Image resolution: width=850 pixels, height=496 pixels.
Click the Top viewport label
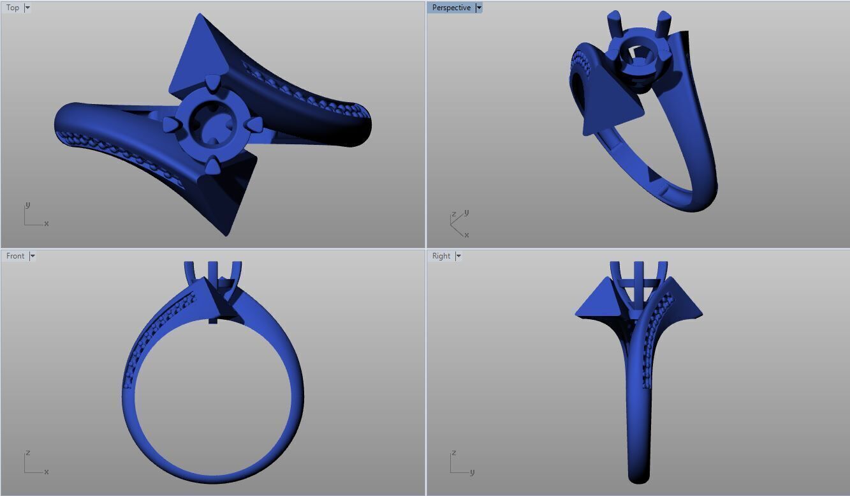[x=13, y=8]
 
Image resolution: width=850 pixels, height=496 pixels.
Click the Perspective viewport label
[x=451, y=8]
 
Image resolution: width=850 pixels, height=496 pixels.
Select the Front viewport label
[x=15, y=256]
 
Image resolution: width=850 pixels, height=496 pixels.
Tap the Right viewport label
[x=441, y=256]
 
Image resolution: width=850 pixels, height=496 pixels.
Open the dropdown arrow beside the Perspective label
[x=479, y=8]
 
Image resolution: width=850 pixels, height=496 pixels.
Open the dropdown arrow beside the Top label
[x=27, y=8]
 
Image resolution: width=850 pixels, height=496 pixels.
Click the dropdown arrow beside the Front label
[x=33, y=256]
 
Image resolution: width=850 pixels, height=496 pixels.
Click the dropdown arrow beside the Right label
[x=458, y=256]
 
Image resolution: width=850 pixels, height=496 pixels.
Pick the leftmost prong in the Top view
[x=170, y=124]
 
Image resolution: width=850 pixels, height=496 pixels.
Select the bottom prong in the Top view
[x=211, y=167]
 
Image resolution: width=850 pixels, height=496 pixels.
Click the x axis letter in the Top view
[x=47, y=223]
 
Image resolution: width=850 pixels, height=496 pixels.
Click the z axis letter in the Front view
[x=27, y=453]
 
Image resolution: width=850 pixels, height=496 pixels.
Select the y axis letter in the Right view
[x=472, y=472]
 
